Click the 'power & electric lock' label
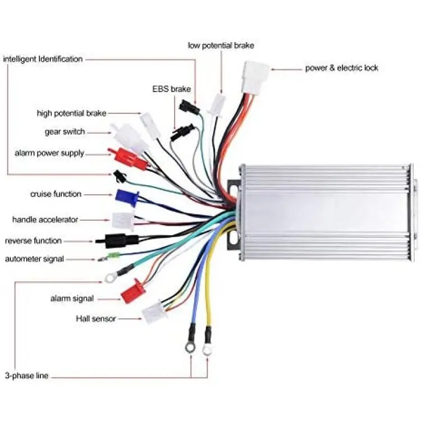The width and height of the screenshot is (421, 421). (341, 68)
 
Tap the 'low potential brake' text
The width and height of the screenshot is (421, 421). (221, 45)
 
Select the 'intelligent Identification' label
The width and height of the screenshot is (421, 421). (43, 59)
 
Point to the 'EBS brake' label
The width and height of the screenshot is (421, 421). (172, 89)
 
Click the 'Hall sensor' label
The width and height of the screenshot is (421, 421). (96, 319)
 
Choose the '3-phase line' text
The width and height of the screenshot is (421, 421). (26, 376)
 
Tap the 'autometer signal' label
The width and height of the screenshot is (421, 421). (34, 259)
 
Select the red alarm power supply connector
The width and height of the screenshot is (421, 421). (127, 158)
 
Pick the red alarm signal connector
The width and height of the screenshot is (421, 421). (133, 291)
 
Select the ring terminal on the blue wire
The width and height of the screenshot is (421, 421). (190, 347)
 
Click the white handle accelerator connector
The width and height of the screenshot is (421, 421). (123, 221)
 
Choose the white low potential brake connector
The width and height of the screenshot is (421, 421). (217, 105)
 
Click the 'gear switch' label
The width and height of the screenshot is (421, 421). (65, 132)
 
